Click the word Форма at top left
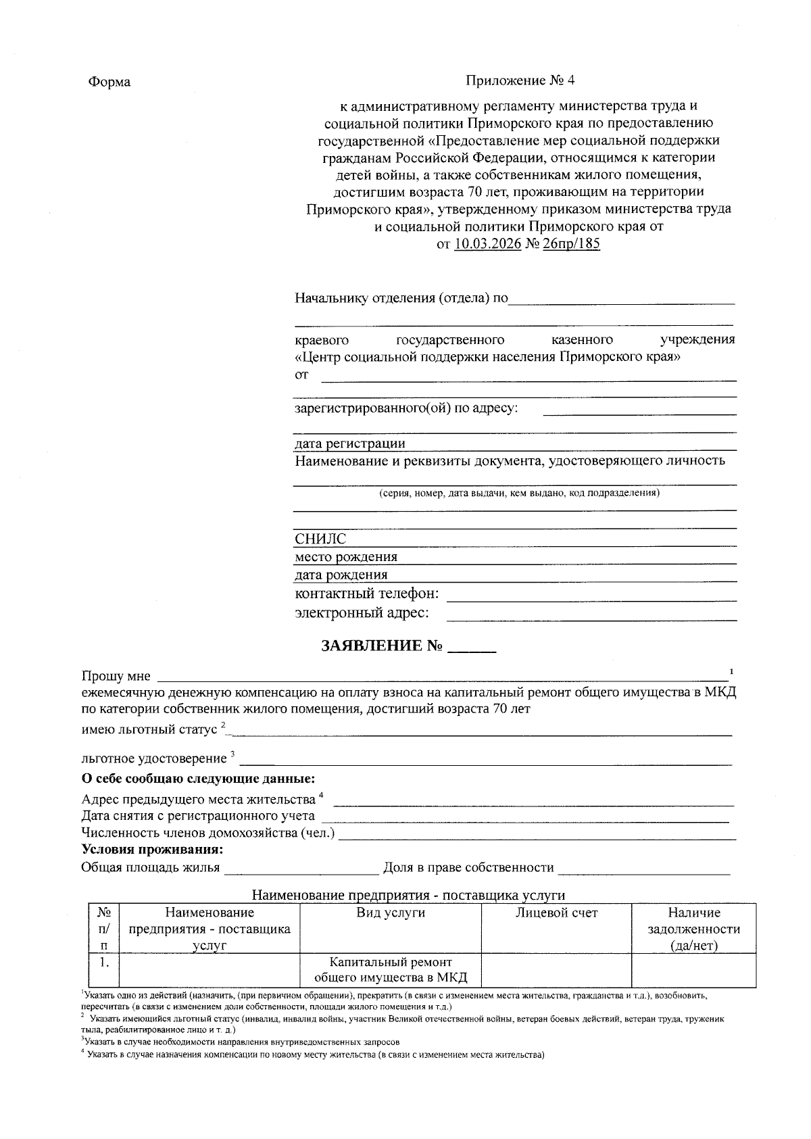109,82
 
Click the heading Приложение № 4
520,81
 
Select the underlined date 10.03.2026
487,244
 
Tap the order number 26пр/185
571,244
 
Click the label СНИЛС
320,539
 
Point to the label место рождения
345,557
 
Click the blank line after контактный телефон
591,596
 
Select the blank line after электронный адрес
591,615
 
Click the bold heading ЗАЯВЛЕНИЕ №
382,646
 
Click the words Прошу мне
116,676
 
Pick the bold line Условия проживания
152,849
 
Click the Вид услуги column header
391,913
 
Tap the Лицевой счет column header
556,913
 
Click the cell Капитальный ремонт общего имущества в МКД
391,970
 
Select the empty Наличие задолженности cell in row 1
693,970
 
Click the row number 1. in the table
104,962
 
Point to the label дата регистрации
349,443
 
